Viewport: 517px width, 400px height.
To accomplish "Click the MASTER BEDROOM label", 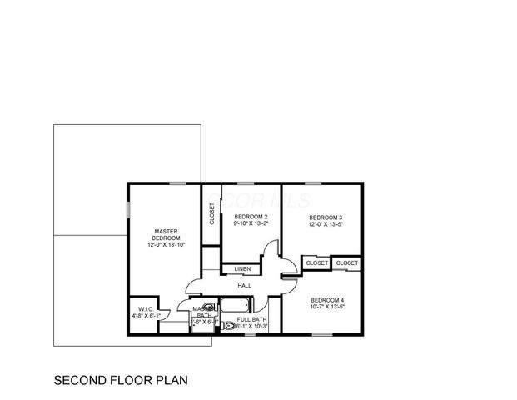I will click(x=166, y=234).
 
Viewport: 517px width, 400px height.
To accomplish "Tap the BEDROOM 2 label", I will click(x=250, y=217).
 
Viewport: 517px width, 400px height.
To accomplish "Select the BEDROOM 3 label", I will click(x=326, y=217).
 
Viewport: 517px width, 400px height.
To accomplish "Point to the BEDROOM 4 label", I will click(x=327, y=299).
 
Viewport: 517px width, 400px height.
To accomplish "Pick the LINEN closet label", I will click(x=242, y=269).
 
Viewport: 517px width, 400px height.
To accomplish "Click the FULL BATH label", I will click(x=252, y=319).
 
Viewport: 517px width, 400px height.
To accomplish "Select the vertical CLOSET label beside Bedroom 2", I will click(x=211, y=214).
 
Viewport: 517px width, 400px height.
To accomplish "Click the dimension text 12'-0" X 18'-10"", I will click(x=166, y=245).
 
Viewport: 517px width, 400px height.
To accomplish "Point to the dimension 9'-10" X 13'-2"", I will click(x=250, y=223).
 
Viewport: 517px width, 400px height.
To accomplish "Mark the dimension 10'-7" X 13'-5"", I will click(x=327, y=307).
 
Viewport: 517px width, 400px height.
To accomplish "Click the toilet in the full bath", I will click(x=228, y=326).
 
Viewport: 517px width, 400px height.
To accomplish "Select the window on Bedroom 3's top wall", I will click(x=313, y=183).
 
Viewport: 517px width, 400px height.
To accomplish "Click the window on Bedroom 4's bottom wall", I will click(x=321, y=335).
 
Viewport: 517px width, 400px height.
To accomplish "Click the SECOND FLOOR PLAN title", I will click(x=121, y=380).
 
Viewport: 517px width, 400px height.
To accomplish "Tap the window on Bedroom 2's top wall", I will click(x=245, y=183).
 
